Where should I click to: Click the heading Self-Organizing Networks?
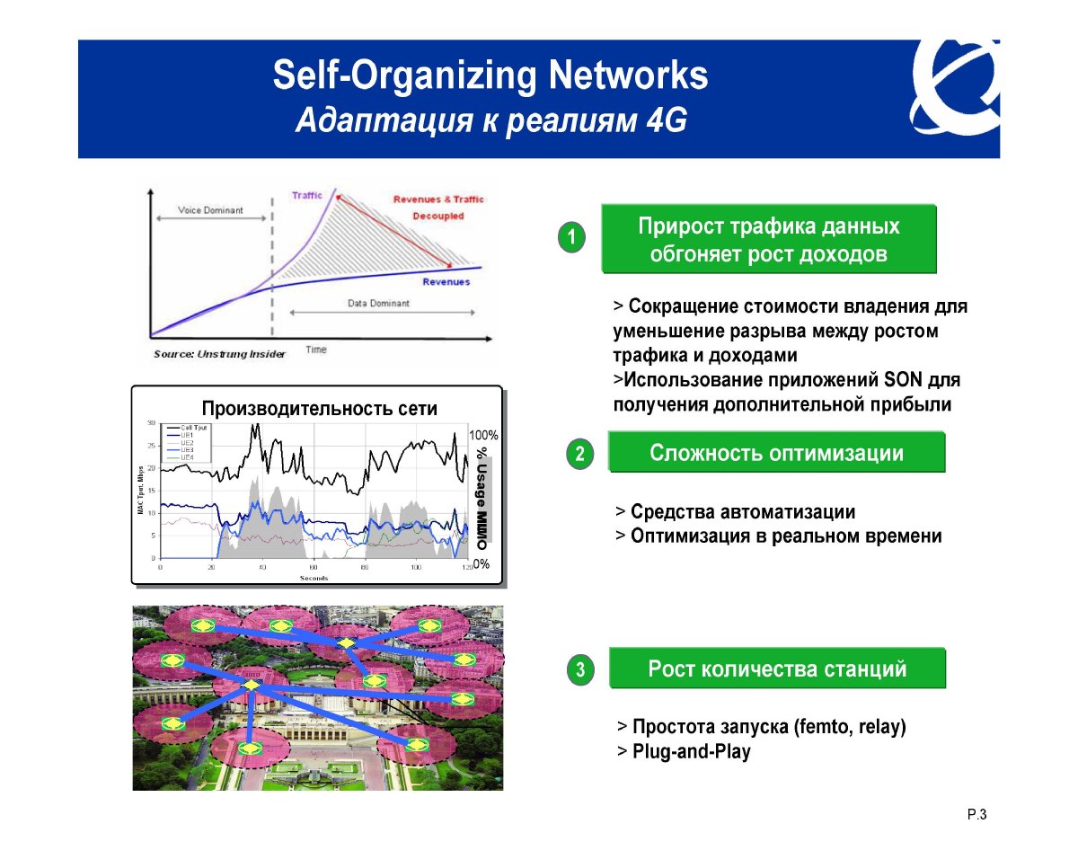[490, 76]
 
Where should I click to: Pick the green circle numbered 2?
[580, 454]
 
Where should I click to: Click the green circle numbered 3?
[580, 669]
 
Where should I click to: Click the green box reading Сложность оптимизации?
[776, 453]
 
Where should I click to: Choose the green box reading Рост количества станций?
[777, 669]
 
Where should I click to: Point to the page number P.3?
[977, 815]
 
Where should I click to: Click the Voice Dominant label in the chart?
[210, 210]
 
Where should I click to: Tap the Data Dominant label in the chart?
[378, 304]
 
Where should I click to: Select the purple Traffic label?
[307, 195]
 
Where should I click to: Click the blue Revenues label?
[446, 282]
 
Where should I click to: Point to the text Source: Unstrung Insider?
[219, 354]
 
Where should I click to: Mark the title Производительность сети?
[319, 409]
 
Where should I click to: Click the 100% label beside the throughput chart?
[483, 435]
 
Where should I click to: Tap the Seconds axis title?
[314, 578]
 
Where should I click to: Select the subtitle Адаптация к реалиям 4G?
[490, 120]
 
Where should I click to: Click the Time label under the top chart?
[316, 350]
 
